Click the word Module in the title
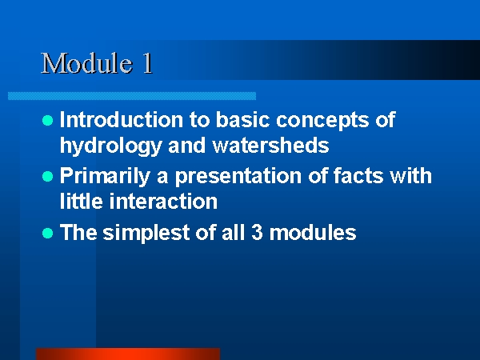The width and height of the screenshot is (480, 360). [86, 63]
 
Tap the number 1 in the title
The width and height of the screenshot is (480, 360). [147, 63]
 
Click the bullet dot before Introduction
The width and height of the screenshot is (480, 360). [47, 120]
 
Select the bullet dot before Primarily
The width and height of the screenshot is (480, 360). [47, 177]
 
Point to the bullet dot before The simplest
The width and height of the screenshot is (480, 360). [47, 234]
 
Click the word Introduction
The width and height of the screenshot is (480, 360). [122, 119]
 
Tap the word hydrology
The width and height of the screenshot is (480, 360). [110, 146]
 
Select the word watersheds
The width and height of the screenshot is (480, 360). [271, 145]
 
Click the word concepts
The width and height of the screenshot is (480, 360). [322, 121]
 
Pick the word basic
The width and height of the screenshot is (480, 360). [242, 119]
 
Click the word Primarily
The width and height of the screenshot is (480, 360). [105, 177]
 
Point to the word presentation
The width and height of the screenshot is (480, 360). [238, 177]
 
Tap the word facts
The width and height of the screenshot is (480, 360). [358, 176]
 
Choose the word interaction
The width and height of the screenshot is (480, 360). [163, 202]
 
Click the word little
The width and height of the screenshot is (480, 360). [81, 202]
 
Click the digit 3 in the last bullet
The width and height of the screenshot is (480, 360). [257, 232]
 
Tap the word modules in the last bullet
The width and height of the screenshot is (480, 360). [313, 232]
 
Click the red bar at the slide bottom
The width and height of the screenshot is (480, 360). [128, 354]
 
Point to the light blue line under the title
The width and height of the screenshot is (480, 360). [132, 96]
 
